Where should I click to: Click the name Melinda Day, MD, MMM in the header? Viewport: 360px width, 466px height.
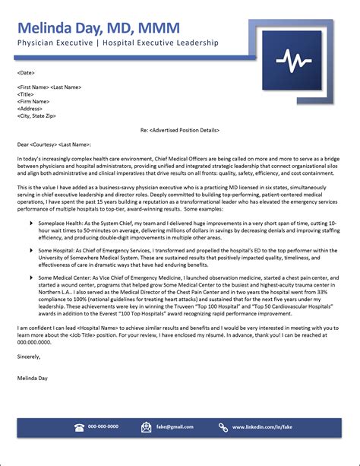coord(99,28)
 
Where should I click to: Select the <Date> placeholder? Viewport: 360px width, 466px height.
coord(26,73)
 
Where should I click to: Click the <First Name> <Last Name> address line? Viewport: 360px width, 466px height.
coord(49,87)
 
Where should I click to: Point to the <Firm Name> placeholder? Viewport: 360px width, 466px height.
coord(35,102)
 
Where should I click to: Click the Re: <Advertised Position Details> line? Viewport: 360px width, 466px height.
coord(179,130)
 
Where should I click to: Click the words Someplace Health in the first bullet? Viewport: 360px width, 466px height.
coord(58,223)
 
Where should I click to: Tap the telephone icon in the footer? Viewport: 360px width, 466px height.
coord(79,427)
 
